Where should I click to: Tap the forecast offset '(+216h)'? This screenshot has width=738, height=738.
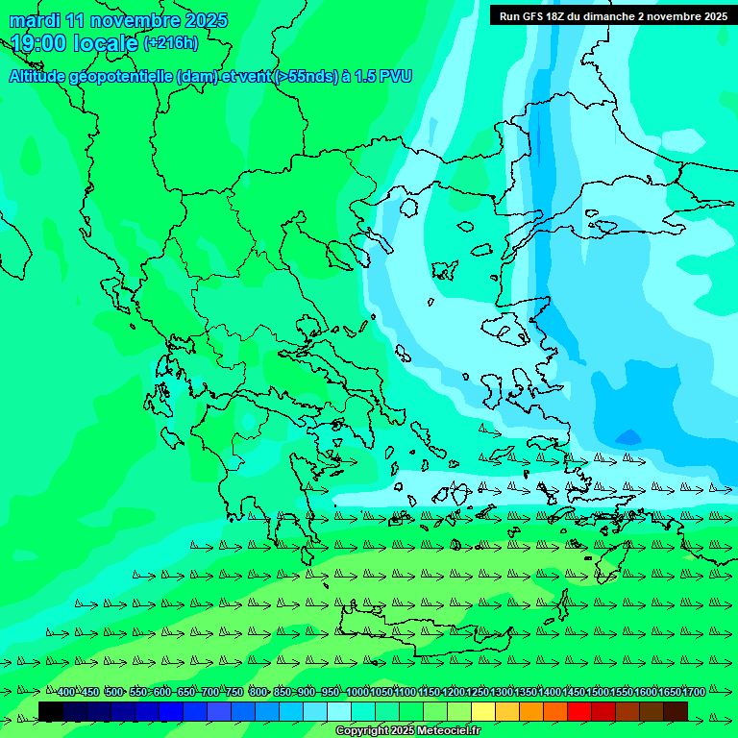pos(170,43)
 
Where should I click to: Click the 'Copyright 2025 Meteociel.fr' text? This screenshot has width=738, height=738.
pos(407,731)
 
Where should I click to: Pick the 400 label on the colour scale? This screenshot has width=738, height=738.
pos(65,692)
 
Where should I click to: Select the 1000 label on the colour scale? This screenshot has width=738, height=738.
pos(357,692)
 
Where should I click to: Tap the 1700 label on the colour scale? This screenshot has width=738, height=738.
pos(694,692)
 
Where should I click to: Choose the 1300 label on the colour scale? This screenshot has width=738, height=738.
pos(502,692)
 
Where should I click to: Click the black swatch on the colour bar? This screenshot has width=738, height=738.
pos(51,711)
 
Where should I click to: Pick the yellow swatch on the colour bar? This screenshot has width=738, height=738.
pos(483,711)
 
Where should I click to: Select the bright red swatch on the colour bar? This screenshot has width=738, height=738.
pos(579,711)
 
